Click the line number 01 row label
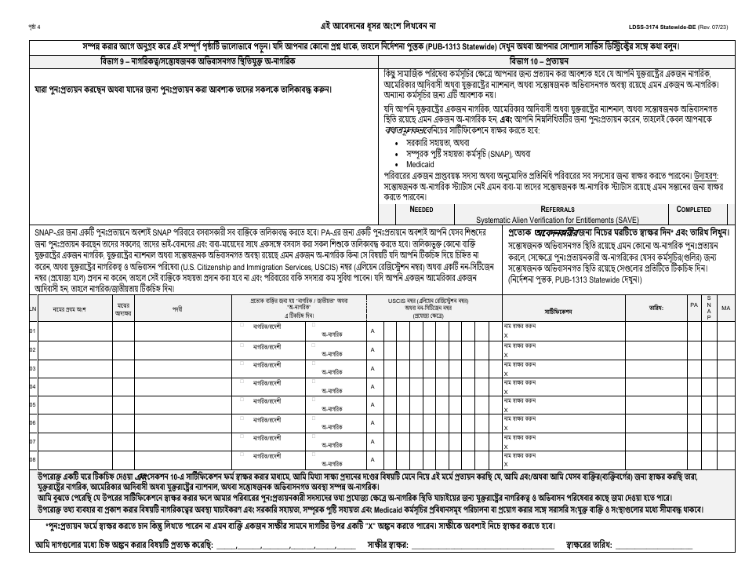point(33,330)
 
